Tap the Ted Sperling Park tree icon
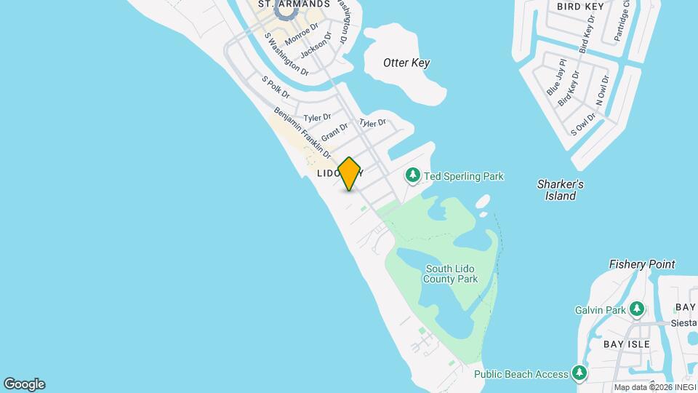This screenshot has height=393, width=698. coord(413,176)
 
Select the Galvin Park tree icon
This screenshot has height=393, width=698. coord(638,310)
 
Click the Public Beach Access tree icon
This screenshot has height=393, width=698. coord(579,374)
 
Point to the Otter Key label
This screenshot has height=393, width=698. coord(406,63)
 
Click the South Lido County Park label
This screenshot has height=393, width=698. coord(452,274)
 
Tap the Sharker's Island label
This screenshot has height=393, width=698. coord(561,190)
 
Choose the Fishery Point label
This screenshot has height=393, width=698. coord(642,264)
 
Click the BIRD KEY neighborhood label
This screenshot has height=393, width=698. coord(581,6)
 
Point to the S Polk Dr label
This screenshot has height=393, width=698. coord(276,88)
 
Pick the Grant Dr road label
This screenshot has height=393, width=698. coord(334,132)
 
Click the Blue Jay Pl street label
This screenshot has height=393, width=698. coord(556,77)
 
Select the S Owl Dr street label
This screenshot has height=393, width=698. coord(583,124)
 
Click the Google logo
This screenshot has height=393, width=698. coord(24,384)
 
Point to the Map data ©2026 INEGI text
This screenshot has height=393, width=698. coord(653,387)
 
